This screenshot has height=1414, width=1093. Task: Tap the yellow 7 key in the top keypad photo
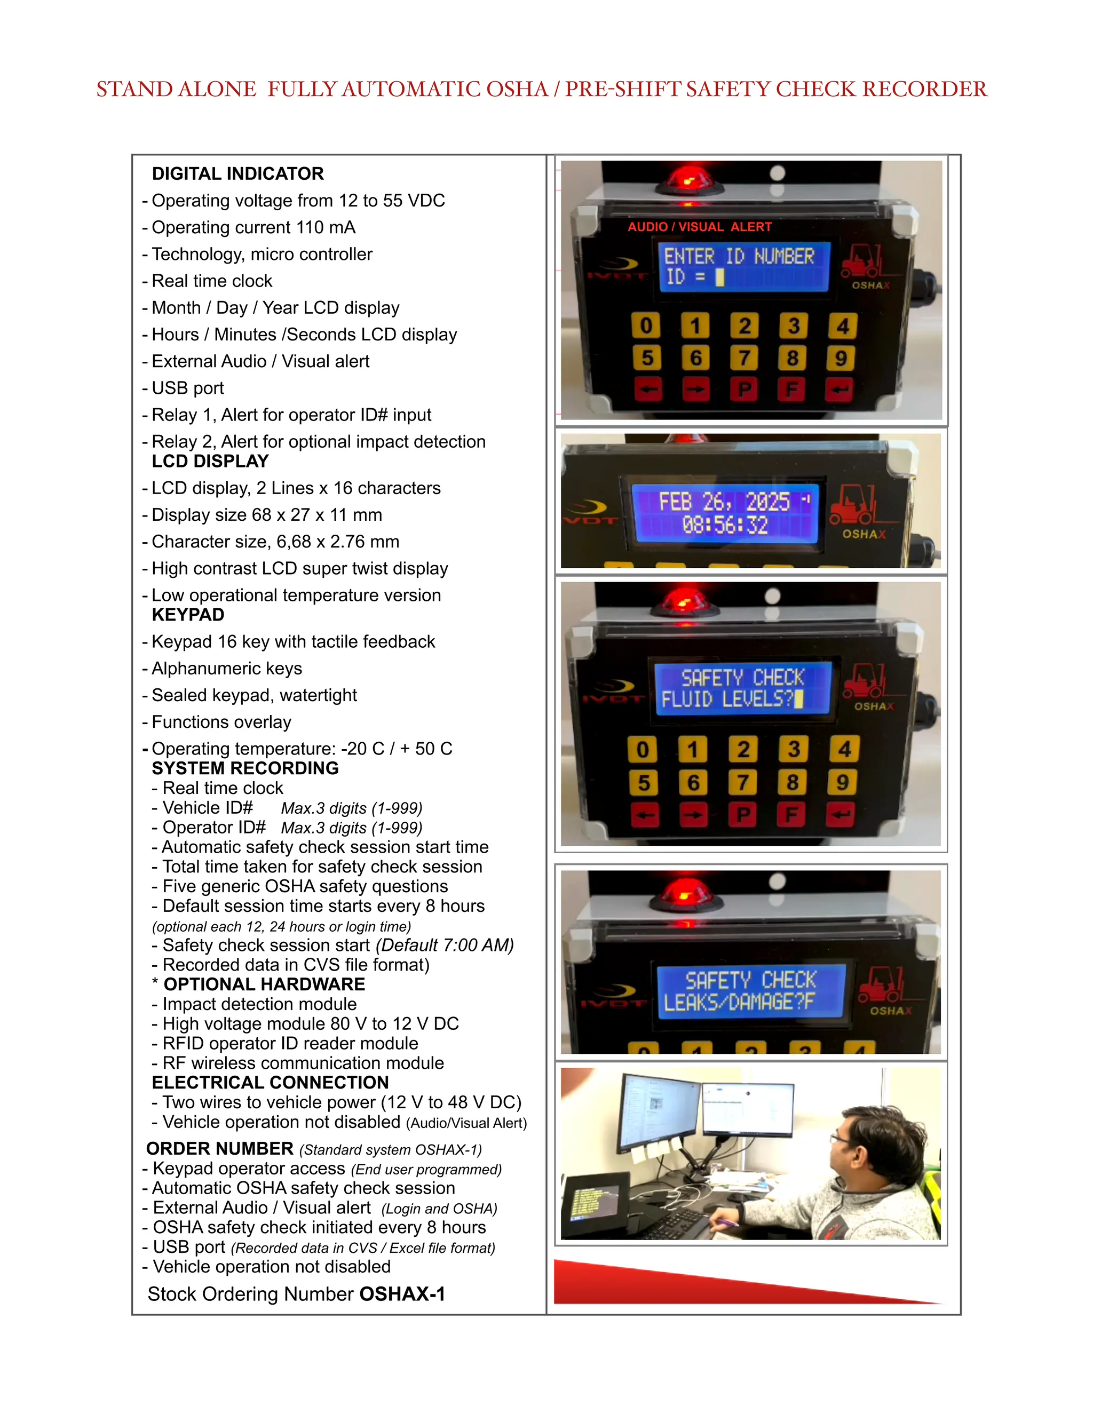[744, 358]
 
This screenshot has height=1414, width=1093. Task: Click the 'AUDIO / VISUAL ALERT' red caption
[699, 227]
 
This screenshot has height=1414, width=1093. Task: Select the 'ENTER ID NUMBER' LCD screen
[743, 267]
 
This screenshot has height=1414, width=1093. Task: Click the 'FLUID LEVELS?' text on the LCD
[726, 699]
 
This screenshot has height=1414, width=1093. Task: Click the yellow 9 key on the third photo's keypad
[842, 783]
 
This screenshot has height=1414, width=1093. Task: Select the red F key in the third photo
[791, 814]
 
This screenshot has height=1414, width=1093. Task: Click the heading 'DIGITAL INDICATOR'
[237, 173]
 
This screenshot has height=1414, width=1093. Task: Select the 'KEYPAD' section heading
[188, 615]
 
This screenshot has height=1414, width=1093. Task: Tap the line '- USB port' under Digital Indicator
[188, 388]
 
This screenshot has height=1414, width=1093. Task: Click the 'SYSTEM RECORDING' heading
[245, 768]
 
